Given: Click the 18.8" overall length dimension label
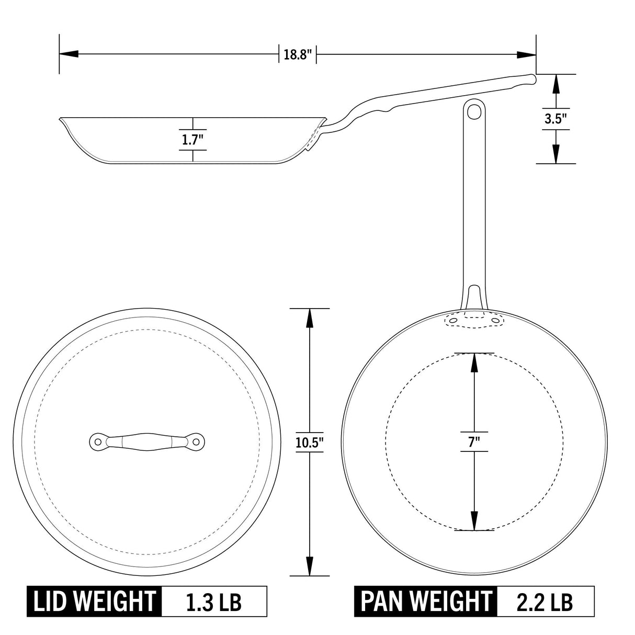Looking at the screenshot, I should pos(298,54).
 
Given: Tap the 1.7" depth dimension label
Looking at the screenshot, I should pos(192,139).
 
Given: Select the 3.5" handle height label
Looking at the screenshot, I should pos(555,118).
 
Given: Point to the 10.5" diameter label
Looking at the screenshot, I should pos(310,443).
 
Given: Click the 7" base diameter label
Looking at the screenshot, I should pos(474,441).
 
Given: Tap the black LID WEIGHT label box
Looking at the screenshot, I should pos(94,601).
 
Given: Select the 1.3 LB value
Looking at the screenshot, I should pos(214,602).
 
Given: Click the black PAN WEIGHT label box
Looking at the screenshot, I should pos(426,601).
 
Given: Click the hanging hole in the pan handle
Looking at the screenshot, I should pos(474,111).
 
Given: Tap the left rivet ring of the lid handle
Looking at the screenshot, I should pos(97,441).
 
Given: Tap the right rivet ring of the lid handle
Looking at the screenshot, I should pos(197,441).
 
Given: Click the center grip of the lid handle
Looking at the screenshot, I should pos(147,441).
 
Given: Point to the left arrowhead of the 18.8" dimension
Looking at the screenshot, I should pos(69,54).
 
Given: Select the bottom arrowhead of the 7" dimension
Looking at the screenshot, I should pos(474,521).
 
